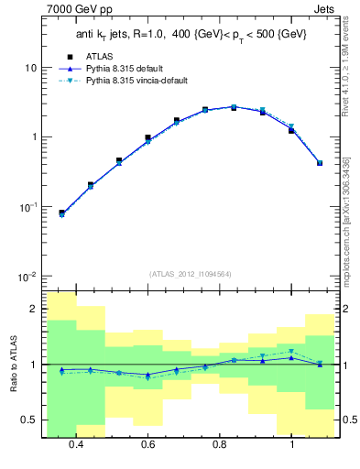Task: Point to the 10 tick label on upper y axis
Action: (x=30, y=68)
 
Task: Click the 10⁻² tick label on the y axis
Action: (x=28, y=277)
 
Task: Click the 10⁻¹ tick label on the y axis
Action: (x=28, y=207)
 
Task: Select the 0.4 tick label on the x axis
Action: (x=76, y=444)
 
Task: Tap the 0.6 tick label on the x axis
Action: (x=147, y=444)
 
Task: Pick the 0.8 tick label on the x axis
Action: (x=220, y=444)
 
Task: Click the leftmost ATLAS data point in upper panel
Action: (x=61, y=213)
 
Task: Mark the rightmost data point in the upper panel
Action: (x=319, y=163)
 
